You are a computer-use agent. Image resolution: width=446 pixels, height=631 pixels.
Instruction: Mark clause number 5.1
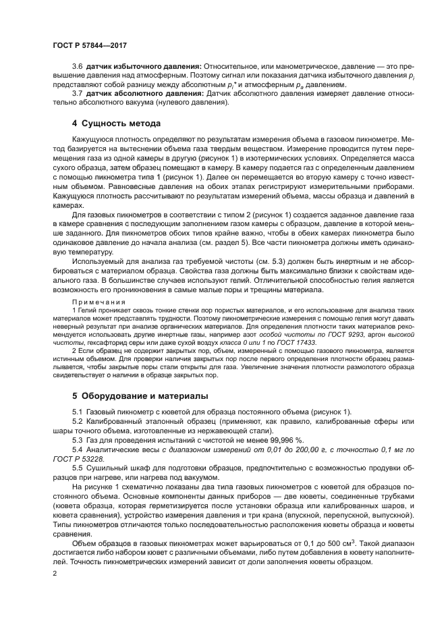(77, 412)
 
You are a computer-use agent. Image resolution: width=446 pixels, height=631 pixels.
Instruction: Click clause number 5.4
(77, 448)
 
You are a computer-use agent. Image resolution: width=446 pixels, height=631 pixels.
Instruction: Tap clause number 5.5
(77, 466)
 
